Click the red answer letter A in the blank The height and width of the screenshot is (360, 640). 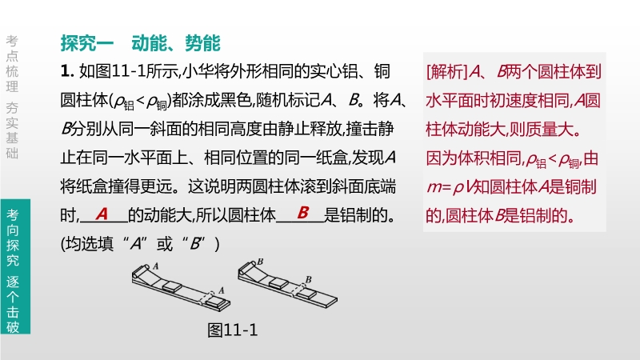(102, 214)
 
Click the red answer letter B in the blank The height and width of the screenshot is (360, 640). (303, 212)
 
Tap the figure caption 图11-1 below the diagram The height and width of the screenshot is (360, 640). (233, 330)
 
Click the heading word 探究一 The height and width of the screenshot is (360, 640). (87, 43)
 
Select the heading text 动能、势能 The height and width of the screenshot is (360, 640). (176, 43)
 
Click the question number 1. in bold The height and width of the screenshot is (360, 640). (67, 71)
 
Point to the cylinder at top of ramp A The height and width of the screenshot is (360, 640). (139, 271)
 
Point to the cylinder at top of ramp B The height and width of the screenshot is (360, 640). (246, 267)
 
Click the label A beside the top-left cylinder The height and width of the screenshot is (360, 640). (155, 266)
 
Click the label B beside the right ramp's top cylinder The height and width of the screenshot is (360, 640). (261, 262)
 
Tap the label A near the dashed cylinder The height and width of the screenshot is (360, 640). (222, 290)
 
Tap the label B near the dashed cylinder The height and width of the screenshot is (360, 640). (309, 279)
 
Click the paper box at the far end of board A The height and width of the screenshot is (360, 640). (216, 303)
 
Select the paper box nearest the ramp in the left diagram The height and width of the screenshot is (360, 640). (172, 286)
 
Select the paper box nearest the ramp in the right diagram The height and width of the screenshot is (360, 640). (278, 282)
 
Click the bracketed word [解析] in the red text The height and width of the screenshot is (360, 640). (447, 72)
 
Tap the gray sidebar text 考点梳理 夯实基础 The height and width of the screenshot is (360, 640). (12, 97)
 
